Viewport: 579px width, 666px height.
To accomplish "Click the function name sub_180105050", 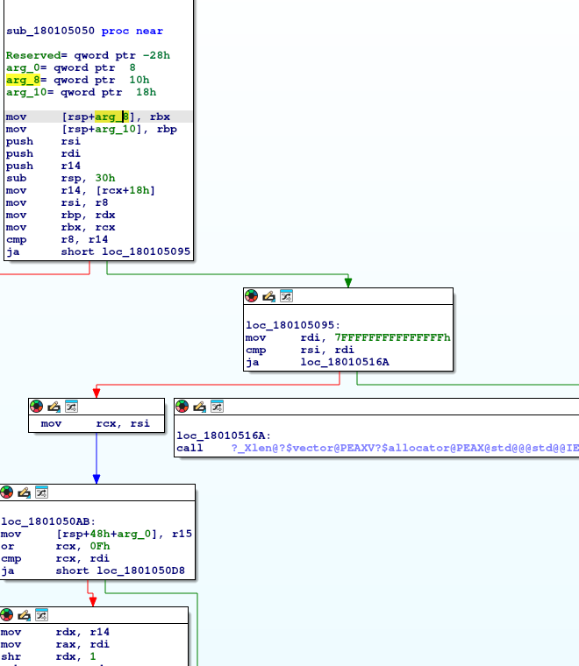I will point(52,31).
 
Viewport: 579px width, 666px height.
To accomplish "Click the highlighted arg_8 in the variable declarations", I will point(23,80).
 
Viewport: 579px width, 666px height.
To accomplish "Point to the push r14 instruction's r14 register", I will point(70,166).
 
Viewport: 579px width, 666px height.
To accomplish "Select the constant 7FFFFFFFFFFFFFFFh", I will point(392,337).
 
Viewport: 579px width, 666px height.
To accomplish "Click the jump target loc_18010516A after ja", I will point(345,362).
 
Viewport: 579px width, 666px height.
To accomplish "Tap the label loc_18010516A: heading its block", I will point(224,435).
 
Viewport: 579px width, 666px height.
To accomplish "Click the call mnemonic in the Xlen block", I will point(190,447).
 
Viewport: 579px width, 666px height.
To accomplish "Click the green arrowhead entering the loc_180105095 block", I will point(348,281).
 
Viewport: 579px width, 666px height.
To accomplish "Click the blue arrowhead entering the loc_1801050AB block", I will point(96,478).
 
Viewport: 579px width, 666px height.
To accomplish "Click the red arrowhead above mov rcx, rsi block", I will point(96,393).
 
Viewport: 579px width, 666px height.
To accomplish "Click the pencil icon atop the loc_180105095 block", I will point(268,296).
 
